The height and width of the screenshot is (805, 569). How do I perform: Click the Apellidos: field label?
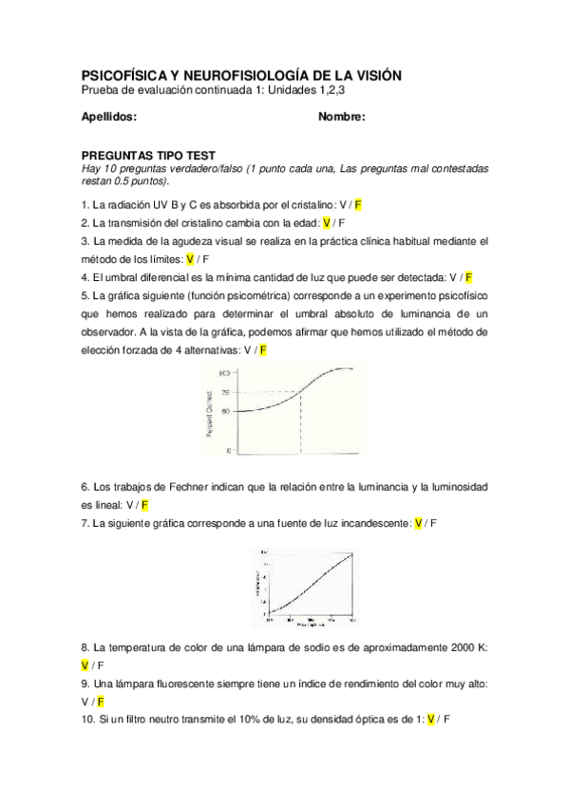(109, 117)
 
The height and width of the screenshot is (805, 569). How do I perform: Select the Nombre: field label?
(342, 117)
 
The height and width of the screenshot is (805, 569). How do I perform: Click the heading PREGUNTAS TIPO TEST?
(148, 156)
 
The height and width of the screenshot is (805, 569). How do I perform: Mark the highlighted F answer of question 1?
(359, 205)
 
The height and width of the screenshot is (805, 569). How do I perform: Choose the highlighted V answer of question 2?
(327, 223)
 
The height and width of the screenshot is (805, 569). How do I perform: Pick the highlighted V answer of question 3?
(190, 259)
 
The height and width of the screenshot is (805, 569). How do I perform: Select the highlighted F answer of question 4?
(469, 277)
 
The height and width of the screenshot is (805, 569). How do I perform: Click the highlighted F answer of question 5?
(263, 350)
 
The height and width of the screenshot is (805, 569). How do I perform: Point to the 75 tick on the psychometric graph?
(226, 392)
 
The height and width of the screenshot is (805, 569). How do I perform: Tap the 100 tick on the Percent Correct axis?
(225, 372)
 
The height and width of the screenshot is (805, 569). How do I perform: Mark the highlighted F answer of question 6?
(144, 505)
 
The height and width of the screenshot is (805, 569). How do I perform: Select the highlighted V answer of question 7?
(416, 523)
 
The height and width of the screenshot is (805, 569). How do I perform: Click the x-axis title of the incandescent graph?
(310, 627)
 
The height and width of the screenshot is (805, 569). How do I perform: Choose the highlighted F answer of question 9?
(101, 702)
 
